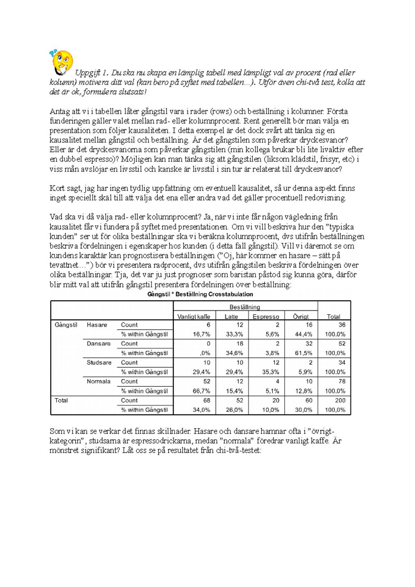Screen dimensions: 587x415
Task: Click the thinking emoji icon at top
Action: pos(62,62)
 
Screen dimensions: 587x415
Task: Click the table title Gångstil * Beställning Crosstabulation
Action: pos(200,294)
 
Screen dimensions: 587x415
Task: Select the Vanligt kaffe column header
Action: pos(194,316)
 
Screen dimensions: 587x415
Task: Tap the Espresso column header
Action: pos(266,316)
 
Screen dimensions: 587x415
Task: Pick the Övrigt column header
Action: pos(301,316)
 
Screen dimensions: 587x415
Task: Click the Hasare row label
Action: pos(97,325)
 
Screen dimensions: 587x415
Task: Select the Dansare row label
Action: pos(99,344)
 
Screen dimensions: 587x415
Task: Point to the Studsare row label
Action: pos(99,362)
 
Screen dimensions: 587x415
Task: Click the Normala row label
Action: pos(99,381)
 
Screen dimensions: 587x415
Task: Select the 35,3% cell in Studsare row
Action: pos(270,372)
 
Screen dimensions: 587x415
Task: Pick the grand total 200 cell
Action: pos(340,400)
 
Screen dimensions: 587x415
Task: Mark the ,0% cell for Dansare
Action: pos(205,353)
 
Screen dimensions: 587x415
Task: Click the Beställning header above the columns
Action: pos(245,307)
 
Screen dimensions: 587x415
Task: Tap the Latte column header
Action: pos(231,316)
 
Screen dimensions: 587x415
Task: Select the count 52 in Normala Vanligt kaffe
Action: pos(206,381)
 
